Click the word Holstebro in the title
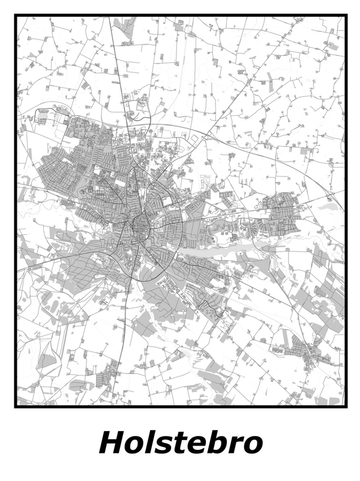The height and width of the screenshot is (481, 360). tap(180, 443)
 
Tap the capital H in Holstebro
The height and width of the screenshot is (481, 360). tap(112, 443)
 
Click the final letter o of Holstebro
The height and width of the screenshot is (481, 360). tap(252, 446)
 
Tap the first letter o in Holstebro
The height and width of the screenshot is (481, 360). tap(134, 446)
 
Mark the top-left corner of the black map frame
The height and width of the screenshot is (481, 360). tap(16, 16)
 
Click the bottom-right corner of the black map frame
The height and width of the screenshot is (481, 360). tap(346, 407)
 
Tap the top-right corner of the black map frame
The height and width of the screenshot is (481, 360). tap(346, 16)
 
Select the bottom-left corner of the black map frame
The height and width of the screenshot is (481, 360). tap(16, 407)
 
